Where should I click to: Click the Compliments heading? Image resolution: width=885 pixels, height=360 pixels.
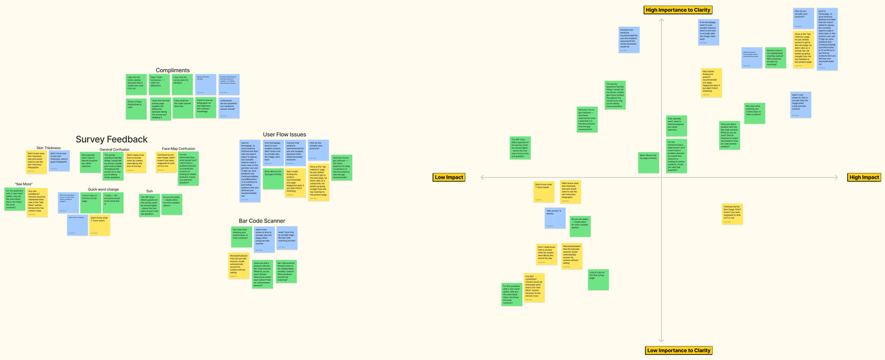click(172, 70)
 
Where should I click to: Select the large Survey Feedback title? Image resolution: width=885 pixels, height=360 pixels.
click(112, 139)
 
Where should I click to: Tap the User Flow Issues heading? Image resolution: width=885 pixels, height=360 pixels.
click(284, 135)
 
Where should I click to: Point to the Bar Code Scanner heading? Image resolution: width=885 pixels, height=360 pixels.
click(262, 221)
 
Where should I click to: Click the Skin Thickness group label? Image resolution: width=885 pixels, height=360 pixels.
click(48, 148)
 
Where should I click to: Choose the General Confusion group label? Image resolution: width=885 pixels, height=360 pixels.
click(114, 150)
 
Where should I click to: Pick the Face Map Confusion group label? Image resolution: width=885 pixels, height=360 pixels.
click(178, 149)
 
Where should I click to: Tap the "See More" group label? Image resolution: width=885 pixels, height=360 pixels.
click(24, 184)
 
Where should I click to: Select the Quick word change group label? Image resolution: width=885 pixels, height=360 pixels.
click(103, 189)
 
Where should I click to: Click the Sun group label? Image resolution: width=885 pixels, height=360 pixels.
click(149, 191)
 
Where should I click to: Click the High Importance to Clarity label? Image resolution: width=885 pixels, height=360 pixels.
click(678, 10)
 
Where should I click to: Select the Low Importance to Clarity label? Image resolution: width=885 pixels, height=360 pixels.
click(678, 351)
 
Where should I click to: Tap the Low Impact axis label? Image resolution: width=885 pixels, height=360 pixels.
click(449, 177)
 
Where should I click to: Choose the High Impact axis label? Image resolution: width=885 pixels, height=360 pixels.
click(864, 177)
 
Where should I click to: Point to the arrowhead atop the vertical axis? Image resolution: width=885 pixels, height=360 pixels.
click(661, 21)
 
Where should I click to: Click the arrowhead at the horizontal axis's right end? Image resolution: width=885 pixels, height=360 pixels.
click(836, 178)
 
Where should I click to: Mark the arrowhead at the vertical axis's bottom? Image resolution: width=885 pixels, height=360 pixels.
click(661, 340)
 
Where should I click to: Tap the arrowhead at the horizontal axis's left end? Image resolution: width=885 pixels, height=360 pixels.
click(483, 178)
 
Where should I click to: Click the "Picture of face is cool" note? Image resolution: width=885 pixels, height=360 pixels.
click(136, 108)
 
